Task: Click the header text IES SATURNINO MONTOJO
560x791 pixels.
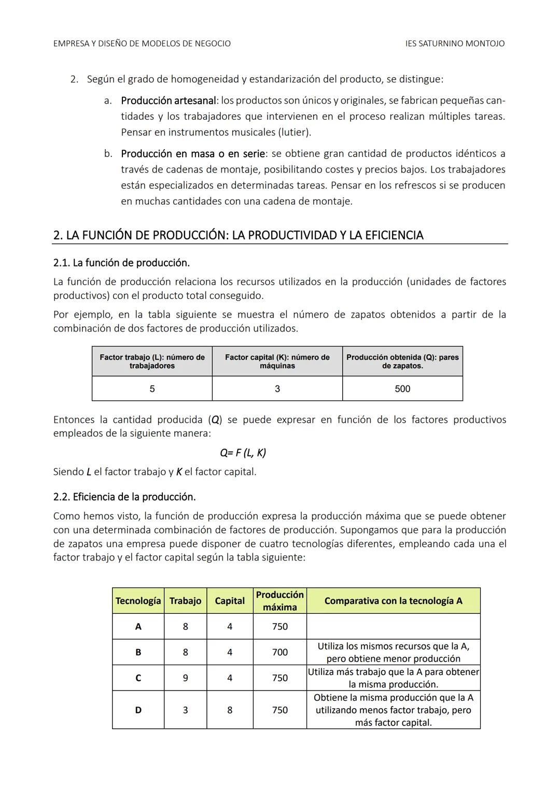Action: pyautogui.click(x=454, y=44)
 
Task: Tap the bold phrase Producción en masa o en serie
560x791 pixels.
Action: pyautogui.click(x=193, y=153)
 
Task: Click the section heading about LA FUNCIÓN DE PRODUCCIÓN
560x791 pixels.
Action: pyautogui.click(x=238, y=235)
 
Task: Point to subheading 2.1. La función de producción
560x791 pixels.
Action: pyautogui.click(x=121, y=263)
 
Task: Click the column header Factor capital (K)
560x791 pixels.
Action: pyautogui.click(x=277, y=361)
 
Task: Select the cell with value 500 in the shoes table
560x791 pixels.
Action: pyautogui.click(x=402, y=389)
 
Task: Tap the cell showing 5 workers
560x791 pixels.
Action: pyautogui.click(x=152, y=389)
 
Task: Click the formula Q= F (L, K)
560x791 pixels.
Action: pyautogui.click(x=243, y=453)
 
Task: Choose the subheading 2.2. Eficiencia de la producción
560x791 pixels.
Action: pyautogui.click(x=124, y=497)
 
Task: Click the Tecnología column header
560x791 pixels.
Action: pyautogui.click(x=138, y=601)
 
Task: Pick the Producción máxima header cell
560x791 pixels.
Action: pyautogui.click(x=279, y=601)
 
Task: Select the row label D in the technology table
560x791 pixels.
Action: pyautogui.click(x=138, y=710)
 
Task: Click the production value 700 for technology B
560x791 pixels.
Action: pyautogui.click(x=279, y=652)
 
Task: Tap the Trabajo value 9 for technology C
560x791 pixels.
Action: pyautogui.click(x=185, y=678)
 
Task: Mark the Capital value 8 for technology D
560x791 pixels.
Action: pyautogui.click(x=230, y=710)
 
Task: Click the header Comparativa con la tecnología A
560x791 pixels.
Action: pyautogui.click(x=393, y=601)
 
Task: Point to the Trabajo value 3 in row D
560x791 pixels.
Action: pyautogui.click(x=185, y=710)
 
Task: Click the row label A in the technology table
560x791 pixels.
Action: pyautogui.click(x=138, y=627)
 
